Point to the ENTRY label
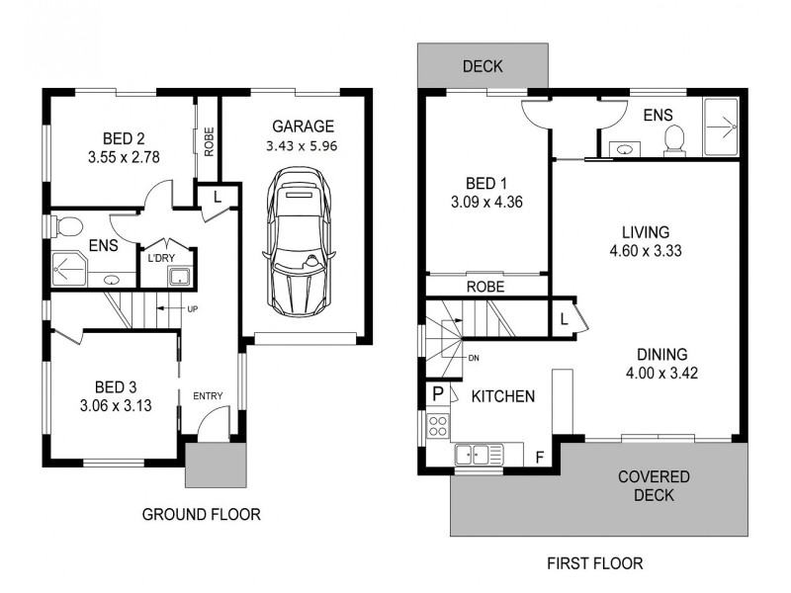point(208,396)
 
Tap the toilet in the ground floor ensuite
point(66,227)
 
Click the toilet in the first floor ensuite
point(676,139)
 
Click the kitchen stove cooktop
point(437,426)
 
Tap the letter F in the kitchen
point(539,457)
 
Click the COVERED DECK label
point(654,485)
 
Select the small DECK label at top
point(483,67)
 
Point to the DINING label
point(661,354)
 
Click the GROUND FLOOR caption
point(202,514)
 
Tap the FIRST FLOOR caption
point(594,563)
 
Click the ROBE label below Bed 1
point(485,287)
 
